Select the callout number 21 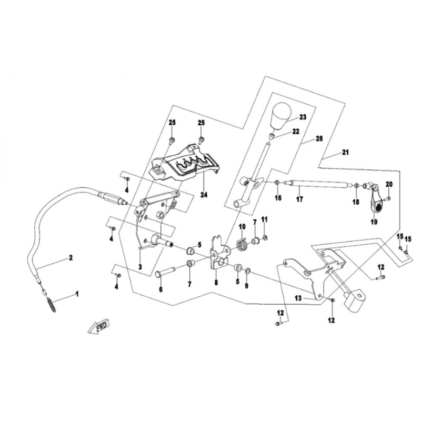coord(345,153)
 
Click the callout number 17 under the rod coord(299,199)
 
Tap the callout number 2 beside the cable coord(69,258)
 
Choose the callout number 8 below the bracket coord(215,283)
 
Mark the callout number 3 coord(140,267)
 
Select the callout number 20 coord(389,184)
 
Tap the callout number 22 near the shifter coord(296,131)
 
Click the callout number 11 coord(265,218)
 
